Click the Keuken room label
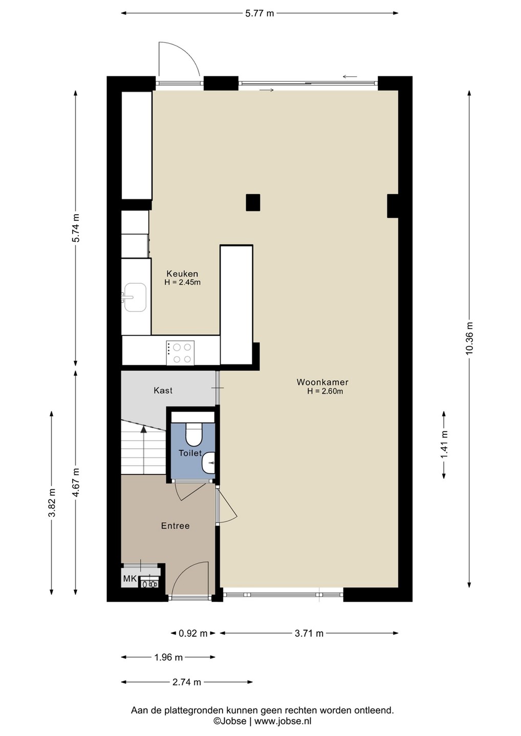point(182,273)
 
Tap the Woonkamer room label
point(322,382)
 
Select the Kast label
point(163,390)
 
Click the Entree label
point(176,526)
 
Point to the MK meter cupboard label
point(129,579)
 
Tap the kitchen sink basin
point(135,297)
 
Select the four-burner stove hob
point(180,353)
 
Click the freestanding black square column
point(253,202)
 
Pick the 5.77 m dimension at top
point(259,13)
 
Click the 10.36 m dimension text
point(469,338)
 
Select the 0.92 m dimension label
point(193,633)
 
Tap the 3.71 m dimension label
point(309,633)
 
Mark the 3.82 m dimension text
point(52,503)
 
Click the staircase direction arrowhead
point(143,428)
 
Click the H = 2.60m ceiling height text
point(325,392)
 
